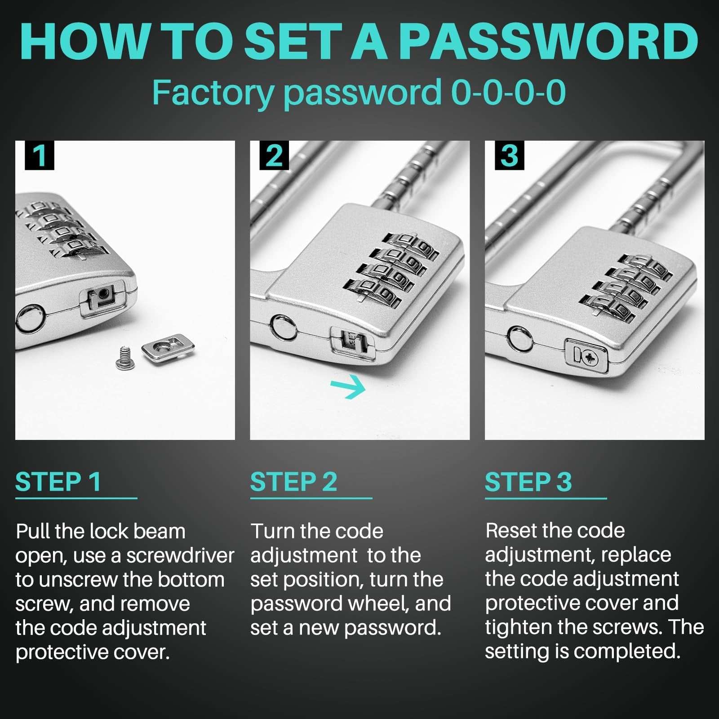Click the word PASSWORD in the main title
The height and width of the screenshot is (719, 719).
click(548, 42)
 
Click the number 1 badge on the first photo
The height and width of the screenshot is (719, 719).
click(40, 155)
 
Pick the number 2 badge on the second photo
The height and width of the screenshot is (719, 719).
click(274, 155)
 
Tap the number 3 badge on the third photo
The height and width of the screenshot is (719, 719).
click(509, 155)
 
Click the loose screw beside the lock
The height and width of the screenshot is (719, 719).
click(125, 358)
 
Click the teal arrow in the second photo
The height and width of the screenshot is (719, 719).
click(348, 386)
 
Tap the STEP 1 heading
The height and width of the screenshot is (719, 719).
click(58, 482)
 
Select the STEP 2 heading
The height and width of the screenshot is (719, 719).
click(293, 482)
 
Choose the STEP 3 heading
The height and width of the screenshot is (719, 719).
click(528, 482)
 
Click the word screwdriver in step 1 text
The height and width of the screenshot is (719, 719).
click(180, 556)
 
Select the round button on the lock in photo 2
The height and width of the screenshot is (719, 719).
click(284, 327)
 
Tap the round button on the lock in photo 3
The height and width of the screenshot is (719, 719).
click(520, 338)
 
